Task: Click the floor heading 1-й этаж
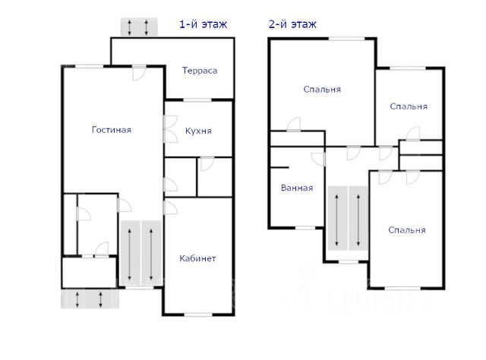[203, 24]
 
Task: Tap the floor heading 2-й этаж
[292, 24]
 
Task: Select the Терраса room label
[200, 71]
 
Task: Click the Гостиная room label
[112, 130]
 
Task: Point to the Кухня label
[198, 131]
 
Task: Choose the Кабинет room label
[197, 259]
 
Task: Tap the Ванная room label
[296, 188]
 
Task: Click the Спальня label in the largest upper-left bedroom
[322, 90]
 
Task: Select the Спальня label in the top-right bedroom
[409, 106]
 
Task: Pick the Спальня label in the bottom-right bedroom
[406, 230]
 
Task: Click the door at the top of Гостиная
[138, 74]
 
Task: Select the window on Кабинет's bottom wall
[197, 314]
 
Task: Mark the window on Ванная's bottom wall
[305, 227]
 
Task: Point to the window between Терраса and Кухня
[197, 100]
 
